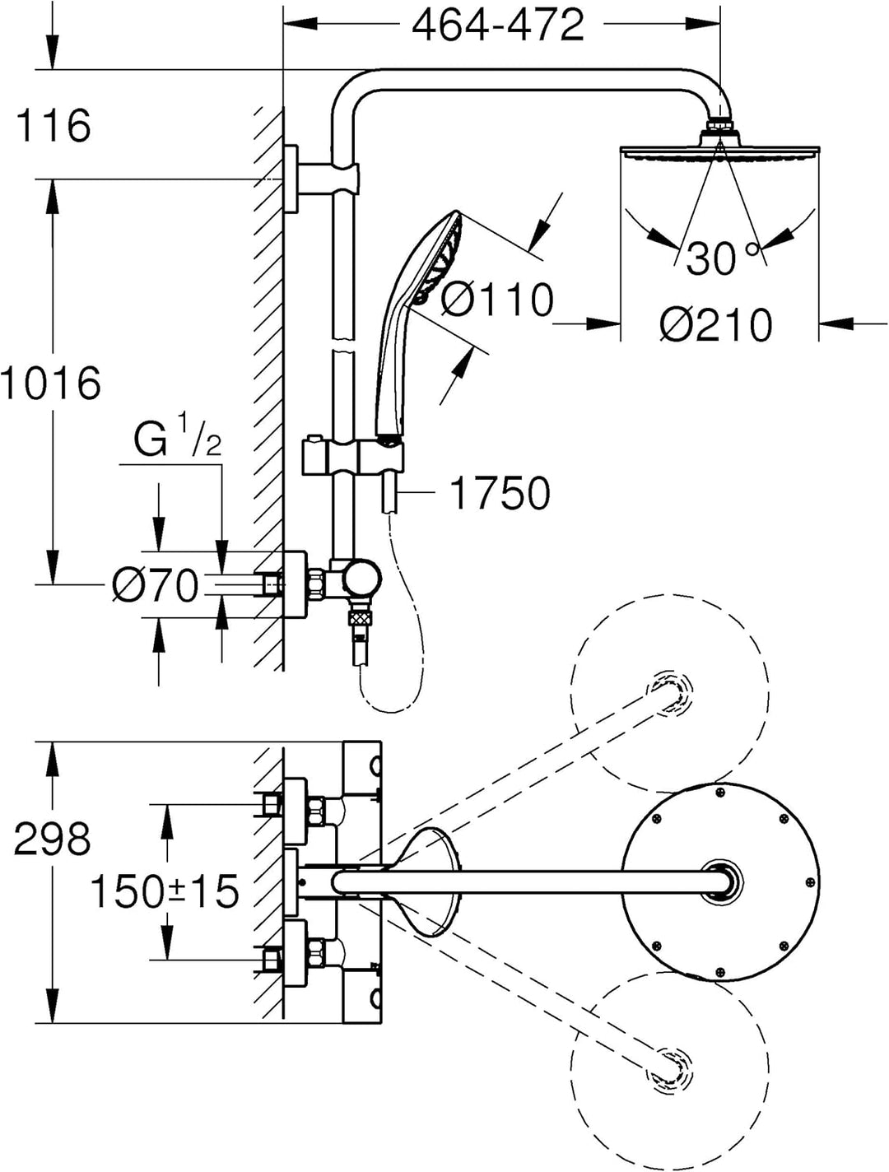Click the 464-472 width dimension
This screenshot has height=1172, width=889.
coord(498,26)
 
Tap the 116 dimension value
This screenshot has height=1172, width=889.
coord(54,126)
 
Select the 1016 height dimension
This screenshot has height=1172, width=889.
coord(51,384)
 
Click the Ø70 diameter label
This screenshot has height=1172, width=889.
coord(156,586)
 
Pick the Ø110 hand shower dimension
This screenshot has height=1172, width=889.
coord(497,299)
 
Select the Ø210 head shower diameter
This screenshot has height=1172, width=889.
coord(716,325)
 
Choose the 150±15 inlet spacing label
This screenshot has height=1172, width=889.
coord(164,891)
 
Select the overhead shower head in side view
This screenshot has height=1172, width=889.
coord(720,151)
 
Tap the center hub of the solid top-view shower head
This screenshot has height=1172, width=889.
coord(721,881)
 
